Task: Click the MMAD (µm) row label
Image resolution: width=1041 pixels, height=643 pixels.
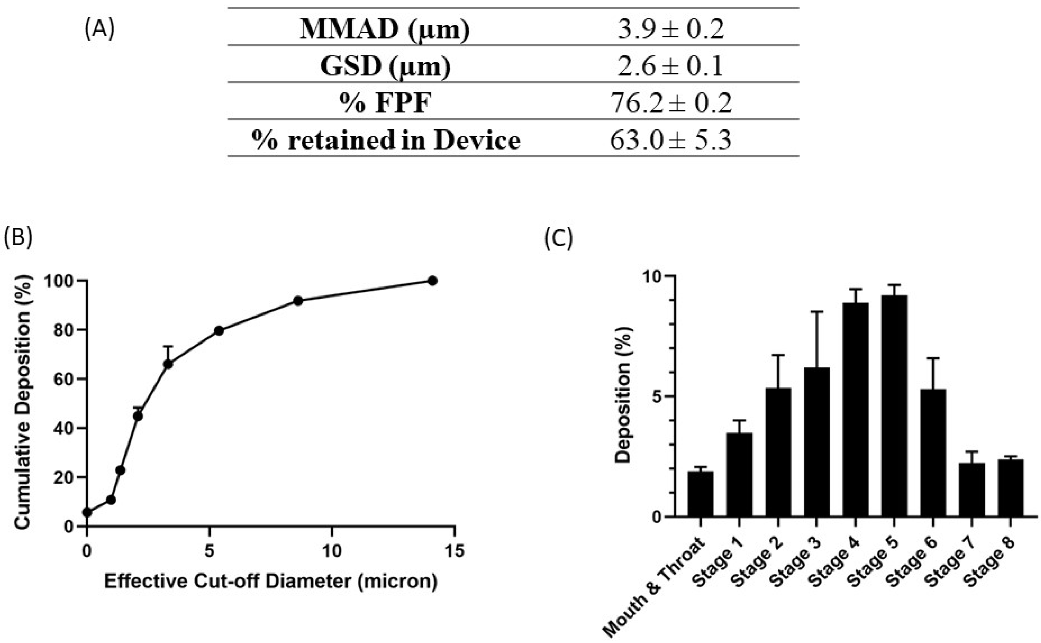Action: (385, 29)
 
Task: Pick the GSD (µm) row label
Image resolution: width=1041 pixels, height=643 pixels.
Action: (385, 66)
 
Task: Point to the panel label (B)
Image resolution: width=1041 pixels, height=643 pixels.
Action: (17, 238)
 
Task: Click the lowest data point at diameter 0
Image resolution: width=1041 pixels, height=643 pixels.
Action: (87, 512)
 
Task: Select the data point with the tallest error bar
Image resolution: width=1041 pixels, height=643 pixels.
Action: (168, 364)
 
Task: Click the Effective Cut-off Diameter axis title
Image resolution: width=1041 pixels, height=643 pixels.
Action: (271, 581)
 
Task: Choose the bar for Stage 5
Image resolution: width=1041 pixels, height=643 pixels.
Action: (894, 406)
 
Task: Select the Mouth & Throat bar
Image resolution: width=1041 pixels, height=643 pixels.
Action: (700, 494)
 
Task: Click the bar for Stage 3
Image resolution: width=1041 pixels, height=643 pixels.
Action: (816, 442)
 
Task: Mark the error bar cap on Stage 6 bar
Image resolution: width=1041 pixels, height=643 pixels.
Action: (933, 358)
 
